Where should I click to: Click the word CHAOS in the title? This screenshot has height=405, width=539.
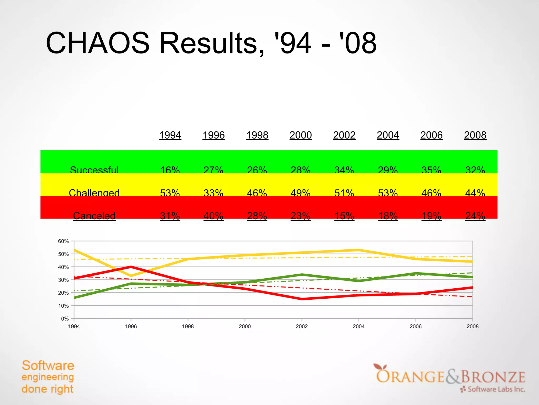[x=97, y=43]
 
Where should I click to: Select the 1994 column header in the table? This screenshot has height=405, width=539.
[x=170, y=135]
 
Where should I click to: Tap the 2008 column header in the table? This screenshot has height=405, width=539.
[x=475, y=135]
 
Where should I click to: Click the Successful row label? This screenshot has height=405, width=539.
[x=94, y=170]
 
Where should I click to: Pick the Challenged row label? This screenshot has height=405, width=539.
[x=94, y=193]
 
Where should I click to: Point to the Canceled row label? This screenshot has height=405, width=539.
[x=94, y=216]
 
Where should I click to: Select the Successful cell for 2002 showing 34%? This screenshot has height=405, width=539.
[x=344, y=170]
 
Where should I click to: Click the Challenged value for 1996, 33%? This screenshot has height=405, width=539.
[x=213, y=193]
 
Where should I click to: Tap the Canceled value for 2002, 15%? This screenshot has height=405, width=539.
[x=344, y=216]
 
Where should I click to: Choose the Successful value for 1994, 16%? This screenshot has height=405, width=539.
[x=170, y=170]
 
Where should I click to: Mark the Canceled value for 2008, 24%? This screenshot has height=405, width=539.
[x=475, y=216]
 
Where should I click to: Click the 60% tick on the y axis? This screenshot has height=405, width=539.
[x=63, y=241]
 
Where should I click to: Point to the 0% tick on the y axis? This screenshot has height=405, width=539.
[x=65, y=319]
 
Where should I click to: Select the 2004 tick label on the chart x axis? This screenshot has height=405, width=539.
[x=358, y=327]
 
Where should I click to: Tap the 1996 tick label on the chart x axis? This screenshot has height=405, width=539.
[x=131, y=327]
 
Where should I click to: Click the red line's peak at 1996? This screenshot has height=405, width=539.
[x=131, y=267]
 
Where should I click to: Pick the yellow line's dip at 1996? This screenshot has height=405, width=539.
[x=131, y=276]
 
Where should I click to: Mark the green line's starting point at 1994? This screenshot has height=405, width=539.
[x=74, y=298]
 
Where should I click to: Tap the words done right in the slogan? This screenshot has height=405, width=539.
[x=47, y=389]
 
